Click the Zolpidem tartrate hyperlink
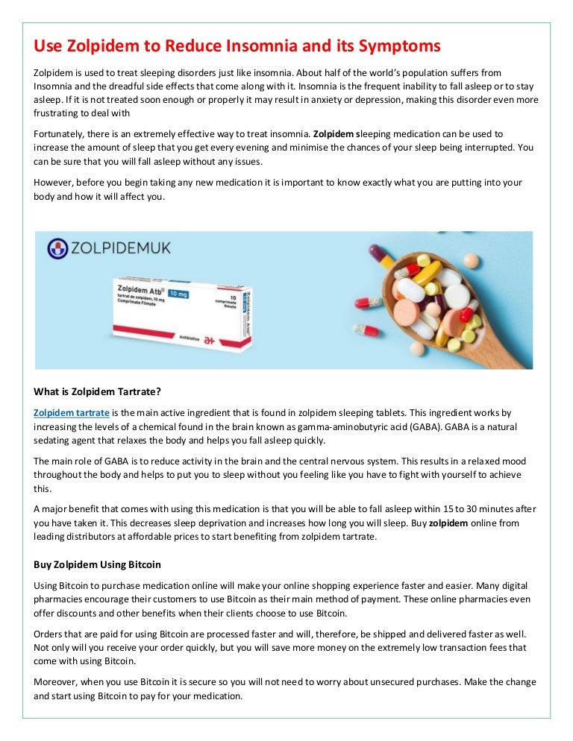72,412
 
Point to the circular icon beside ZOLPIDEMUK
57,248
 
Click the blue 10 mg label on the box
179,293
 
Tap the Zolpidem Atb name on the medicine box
142,288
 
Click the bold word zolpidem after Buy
448,523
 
